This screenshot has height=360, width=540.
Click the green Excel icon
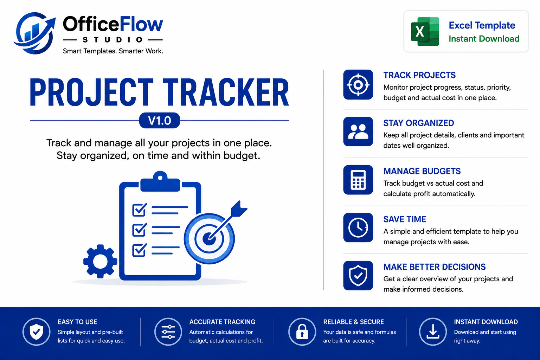pos(425,31)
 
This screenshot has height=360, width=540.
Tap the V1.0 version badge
pos(160,120)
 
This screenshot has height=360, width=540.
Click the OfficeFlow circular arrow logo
pos(35,33)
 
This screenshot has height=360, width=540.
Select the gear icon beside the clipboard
pos(100,261)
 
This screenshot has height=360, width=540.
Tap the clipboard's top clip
pos(160,181)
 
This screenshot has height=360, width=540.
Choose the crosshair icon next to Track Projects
pos(358,85)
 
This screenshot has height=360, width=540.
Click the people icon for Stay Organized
pos(358,131)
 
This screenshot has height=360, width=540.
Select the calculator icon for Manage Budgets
pos(358,180)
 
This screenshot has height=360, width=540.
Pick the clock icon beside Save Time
pos(358,227)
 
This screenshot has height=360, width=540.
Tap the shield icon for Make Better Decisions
pos(358,276)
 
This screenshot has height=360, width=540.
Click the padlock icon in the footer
pos(302,332)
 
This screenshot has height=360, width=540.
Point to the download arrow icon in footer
pos(433,332)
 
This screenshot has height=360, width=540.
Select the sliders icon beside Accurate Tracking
pos(168,332)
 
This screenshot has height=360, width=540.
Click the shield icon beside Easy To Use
pos(37,332)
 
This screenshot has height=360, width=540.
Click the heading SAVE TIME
pos(405,219)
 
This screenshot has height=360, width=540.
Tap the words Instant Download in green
pos(484,39)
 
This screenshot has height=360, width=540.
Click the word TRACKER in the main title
pos(226,92)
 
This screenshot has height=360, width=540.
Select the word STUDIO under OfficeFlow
pos(113,40)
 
